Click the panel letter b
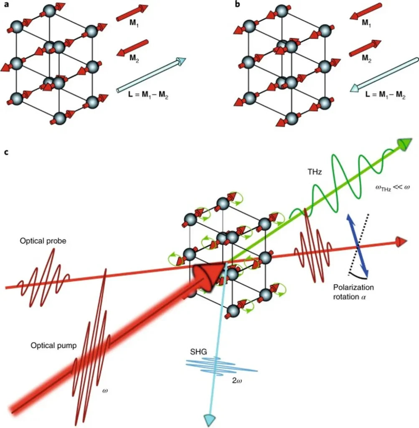tap(238, 4)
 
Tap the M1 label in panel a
tap(134, 23)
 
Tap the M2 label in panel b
tap(366, 58)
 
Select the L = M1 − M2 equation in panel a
tap(148, 95)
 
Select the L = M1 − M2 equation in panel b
tap(385, 95)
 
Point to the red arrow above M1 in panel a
tap(132, 13)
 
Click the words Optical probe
tap(43, 241)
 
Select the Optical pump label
tap(53, 346)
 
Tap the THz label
tap(315, 172)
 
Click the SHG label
tap(198, 352)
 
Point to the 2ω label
tap(237, 380)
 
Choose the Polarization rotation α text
tap(353, 292)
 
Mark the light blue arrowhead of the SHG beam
tap(210, 420)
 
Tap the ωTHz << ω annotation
tap(393, 188)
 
